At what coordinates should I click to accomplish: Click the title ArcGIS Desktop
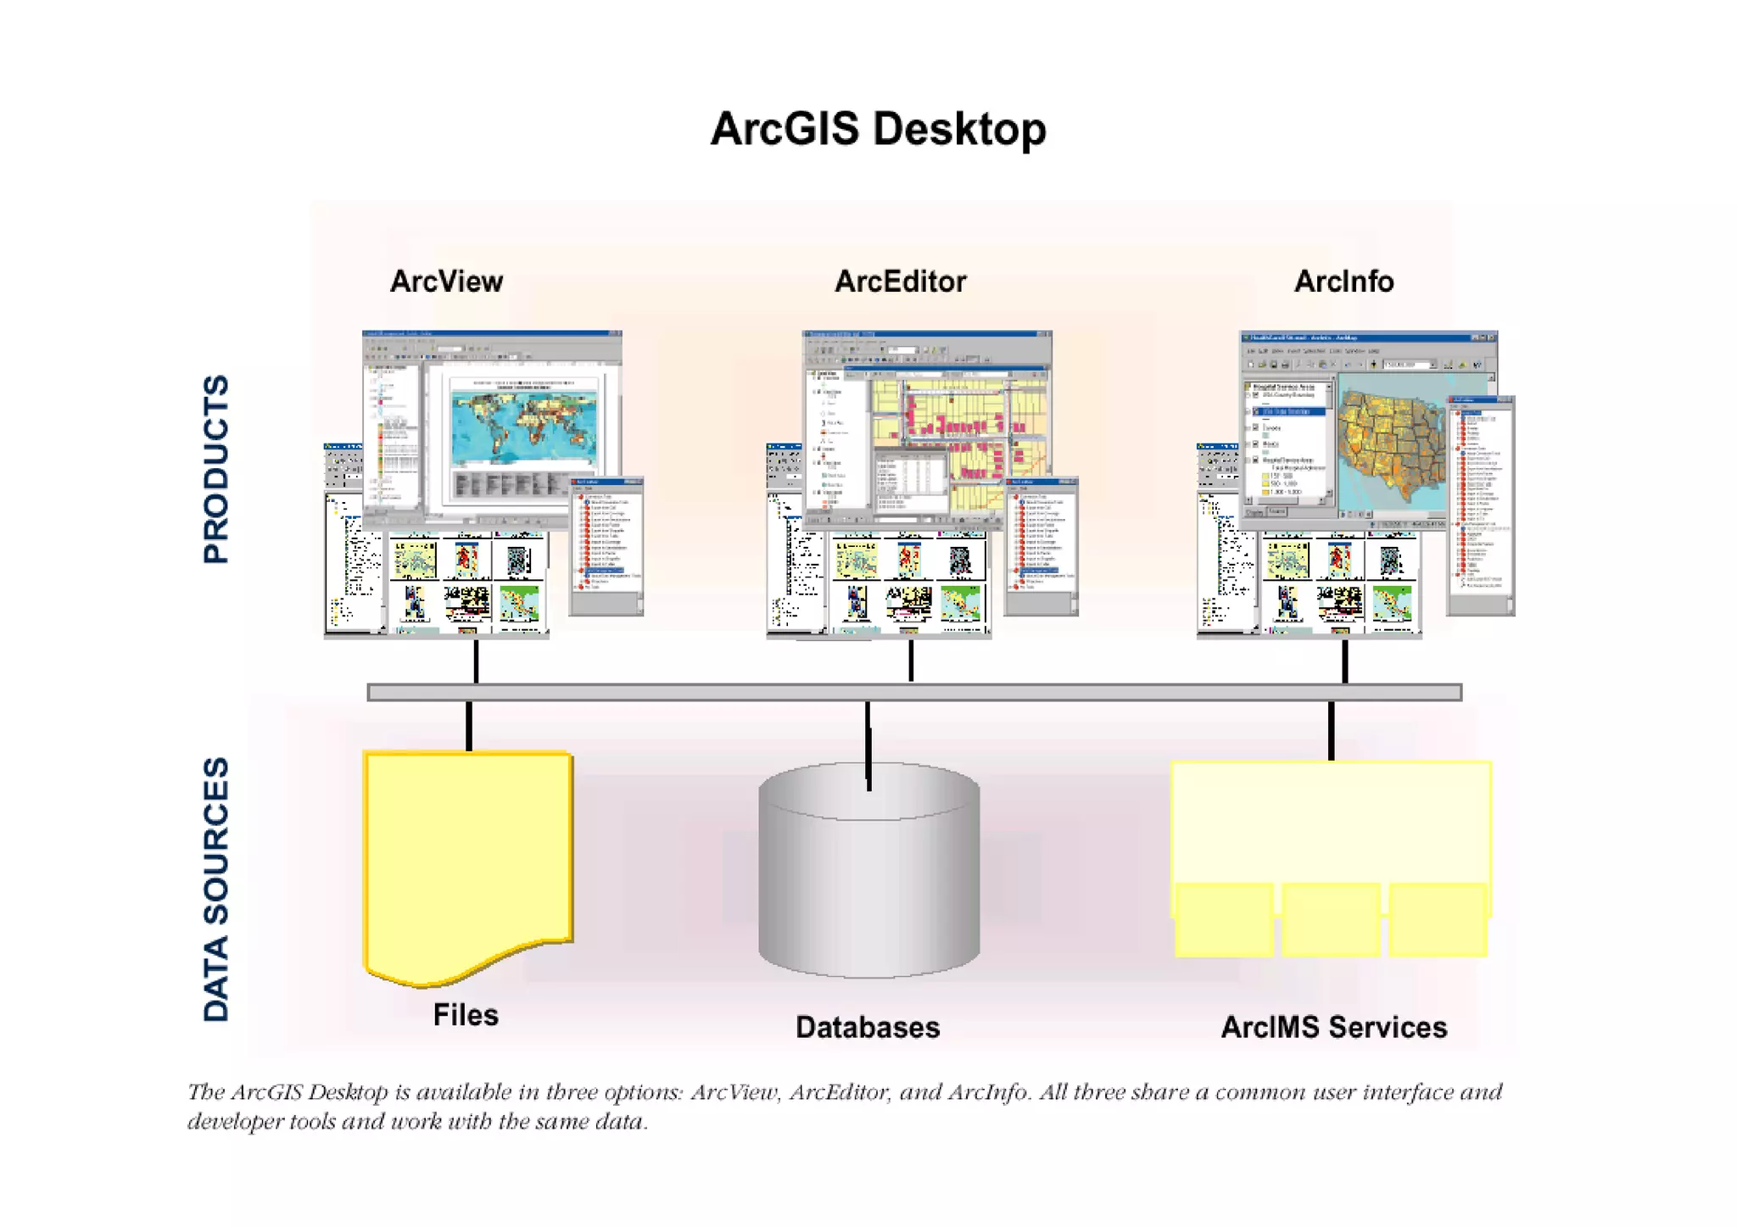click(878, 130)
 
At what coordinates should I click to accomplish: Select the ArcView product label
click(446, 282)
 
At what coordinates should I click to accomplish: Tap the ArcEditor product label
click(900, 282)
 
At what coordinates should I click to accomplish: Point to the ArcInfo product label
click(1343, 282)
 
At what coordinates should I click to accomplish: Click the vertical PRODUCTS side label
click(216, 469)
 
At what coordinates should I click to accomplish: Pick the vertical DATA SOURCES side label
click(216, 889)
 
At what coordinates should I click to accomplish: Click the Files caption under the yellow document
click(466, 1015)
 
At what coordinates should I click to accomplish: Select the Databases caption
click(868, 1028)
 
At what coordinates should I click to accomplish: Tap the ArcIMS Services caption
click(1333, 1028)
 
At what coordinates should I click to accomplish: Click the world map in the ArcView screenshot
click(523, 424)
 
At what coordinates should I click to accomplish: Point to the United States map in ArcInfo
click(1391, 449)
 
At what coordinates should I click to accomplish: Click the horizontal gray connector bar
click(914, 693)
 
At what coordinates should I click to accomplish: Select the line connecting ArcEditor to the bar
click(911, 661)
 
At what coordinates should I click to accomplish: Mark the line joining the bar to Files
click(469, 726)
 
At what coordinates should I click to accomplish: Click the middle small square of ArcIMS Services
click(1330, 920)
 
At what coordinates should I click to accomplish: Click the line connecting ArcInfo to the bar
click(1345, 661)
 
